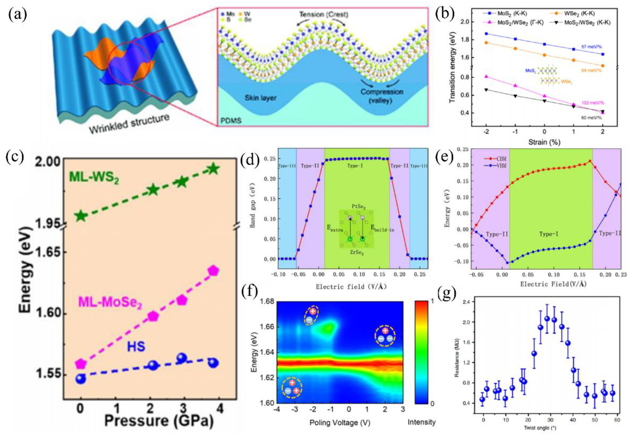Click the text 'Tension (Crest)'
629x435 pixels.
(324, 14)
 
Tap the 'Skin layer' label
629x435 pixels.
(261, 98)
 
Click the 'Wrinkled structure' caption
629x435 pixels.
(129, 123)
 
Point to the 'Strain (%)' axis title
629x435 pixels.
(544, 142)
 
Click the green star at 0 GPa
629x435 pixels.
(81, 216)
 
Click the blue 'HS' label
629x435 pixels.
(136, 346)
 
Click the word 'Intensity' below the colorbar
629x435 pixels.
(421, 422)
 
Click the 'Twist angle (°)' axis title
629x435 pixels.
(550, 428)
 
